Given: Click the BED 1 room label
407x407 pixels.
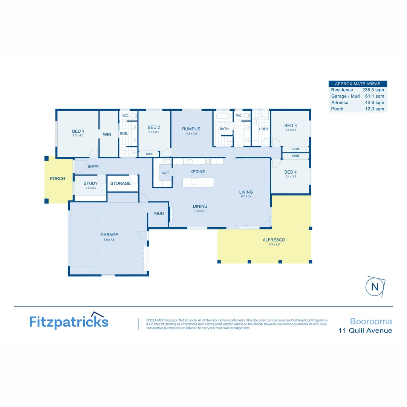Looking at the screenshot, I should click(x=78, y=131).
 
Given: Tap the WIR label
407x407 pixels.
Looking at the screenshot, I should click(x=107, y=135).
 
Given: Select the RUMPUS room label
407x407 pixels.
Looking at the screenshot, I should click(x=191, y=129).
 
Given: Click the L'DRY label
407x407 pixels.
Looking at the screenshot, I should click(x=263, y=129).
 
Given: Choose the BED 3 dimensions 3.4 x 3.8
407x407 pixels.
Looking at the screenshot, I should click(x=291, y=130).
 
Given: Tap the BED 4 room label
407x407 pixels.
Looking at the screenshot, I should click(x=291, y=172).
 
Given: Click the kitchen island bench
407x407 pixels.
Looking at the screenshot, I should click(x=198, y=182).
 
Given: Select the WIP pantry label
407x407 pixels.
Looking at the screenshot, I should click(x=165, y=173).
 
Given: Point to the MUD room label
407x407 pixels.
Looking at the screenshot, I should click(x=159, y=214).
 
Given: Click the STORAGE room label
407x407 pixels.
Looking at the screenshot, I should click(x=120, y=184).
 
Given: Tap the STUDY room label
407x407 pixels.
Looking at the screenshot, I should click(x=90, y=184).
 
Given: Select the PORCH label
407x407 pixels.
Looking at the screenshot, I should click(x=58, y=179).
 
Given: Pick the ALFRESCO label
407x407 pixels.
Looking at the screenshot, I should click(x=274, y=240).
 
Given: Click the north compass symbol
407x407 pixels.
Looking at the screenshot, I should click(x=375, y=287).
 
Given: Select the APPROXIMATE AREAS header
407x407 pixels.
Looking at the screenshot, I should click(x=358, y=84).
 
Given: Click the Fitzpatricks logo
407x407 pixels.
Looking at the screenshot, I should click(x=69, y=321).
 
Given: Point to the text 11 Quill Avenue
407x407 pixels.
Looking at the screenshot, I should click(x=365, y=330).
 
